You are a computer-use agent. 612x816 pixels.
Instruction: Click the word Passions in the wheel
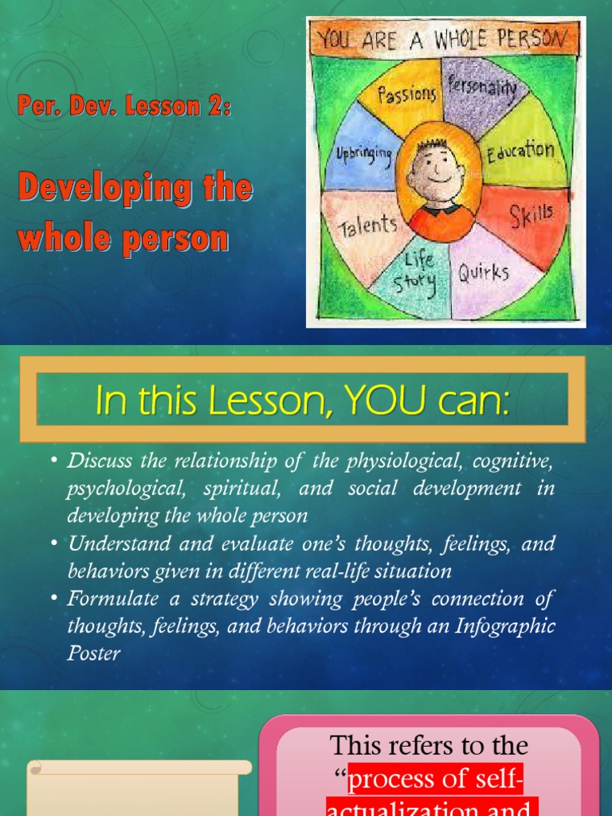(x=407, y=94)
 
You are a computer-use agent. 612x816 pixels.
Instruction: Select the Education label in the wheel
(x=520, y=150)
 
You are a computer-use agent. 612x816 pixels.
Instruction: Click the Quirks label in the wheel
(x=483, y=273)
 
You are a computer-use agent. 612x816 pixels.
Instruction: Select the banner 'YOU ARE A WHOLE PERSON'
(x=445, y=39)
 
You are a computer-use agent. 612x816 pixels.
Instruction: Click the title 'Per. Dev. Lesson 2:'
(x=124, y=107)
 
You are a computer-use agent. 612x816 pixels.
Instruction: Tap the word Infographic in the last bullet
(x=505, y=626)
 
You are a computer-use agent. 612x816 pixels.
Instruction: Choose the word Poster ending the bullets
(x=93, y=653)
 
